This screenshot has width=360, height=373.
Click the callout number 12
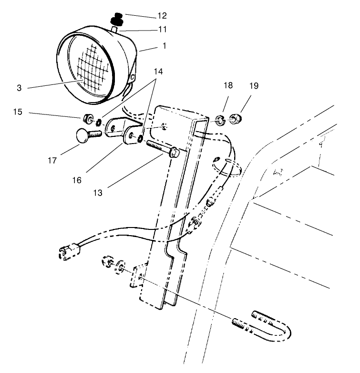click(162, 16)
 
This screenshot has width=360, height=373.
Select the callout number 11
click(162, 30)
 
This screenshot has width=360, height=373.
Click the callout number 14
click(157, 72)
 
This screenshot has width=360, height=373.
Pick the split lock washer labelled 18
click(219, 118)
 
